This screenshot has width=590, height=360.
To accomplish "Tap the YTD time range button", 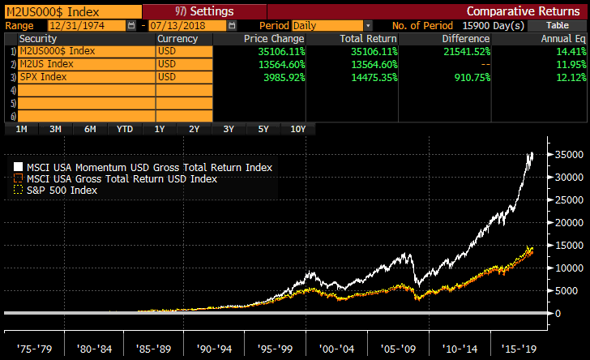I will tap(125, 129).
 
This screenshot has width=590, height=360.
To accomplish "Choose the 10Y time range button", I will tap(297, 129).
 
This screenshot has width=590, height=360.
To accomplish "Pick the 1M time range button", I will tap(21, 129).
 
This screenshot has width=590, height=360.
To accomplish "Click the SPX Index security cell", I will tap(85, 76).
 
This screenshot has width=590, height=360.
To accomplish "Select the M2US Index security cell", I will tap(85, 63).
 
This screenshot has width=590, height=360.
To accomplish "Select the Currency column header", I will tap(178, 38).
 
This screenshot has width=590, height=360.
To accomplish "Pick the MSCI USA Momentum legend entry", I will tap(143, 167).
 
